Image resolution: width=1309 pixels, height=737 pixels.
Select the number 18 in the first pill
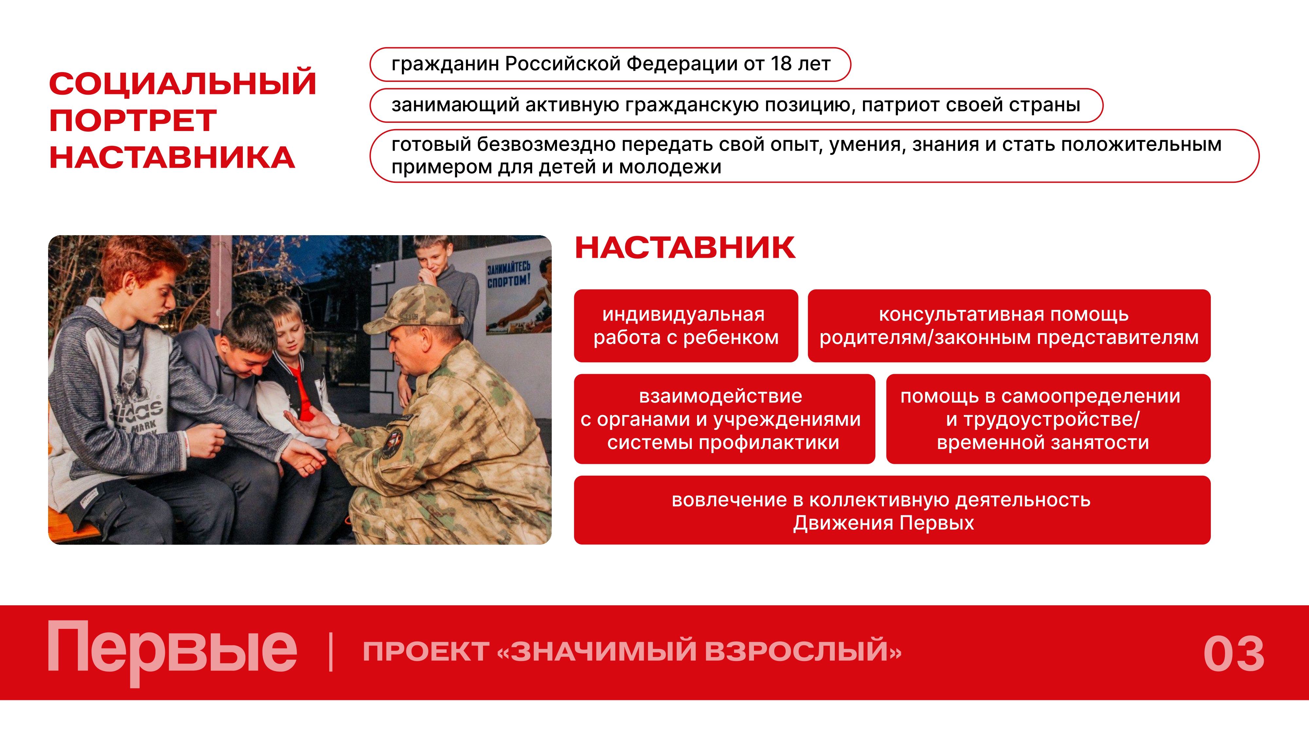[x=781, y=64]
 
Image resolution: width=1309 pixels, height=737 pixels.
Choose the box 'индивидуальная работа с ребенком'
[x=686, y=326]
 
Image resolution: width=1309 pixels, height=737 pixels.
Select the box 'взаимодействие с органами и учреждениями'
[x=724, y=419]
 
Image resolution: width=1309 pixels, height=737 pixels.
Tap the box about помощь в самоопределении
[x=1048, y=419]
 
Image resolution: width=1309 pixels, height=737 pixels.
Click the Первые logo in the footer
[x=172, y=651]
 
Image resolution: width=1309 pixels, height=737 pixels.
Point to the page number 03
[x=1234, y=653]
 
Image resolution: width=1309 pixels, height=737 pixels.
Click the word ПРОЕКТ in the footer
[x=426, y=651]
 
